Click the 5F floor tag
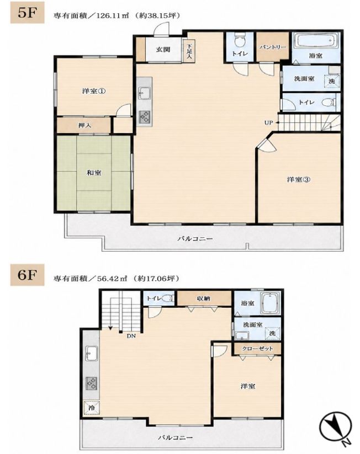pyautogui.click(x=27, y=13)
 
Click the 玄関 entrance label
pyautogui.click(x=163, y=50)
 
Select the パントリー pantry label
pyautogui.click(x=273, y=47)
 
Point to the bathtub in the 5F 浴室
pyautogui.click(x=316, y=41)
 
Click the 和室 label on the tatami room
pyautogui.click(x=94, y=173)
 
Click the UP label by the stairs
pyautogui.click(x=269, y=122)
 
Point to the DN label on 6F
pyautogui.click(x=131, y=336)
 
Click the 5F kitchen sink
pyautogui.click(x=144, y=93)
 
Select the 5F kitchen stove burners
pyautogui.click(x=145, y=116)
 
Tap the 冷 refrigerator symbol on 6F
pyautogui.click(x=92, y=408)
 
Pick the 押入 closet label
pyautogui.click(x=85, y=125)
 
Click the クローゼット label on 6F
pyautogui.click(x=257, y=348)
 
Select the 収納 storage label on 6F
pyautogui.click(x=204, y=298)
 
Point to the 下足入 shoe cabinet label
pyautogui.click(x=189, y=51)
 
